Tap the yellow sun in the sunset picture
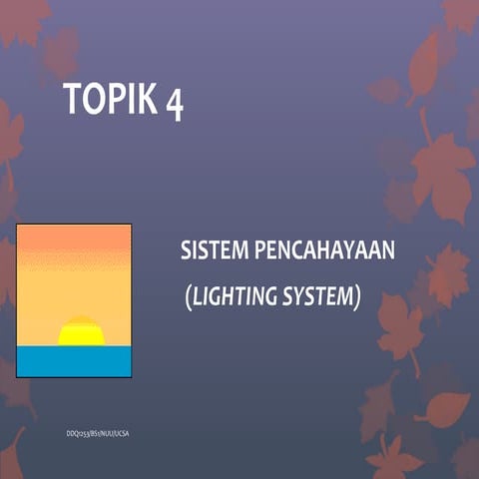(x=81, y=332)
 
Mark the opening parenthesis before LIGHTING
(x=189, y=297)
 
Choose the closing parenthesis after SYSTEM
(x=356, y=297)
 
